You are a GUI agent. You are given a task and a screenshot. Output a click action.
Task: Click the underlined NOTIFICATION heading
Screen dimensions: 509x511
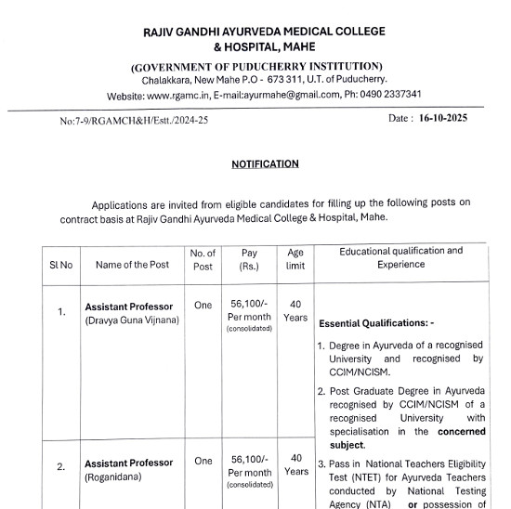tap(265, 164)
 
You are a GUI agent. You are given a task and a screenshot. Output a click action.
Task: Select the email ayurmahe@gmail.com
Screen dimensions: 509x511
tap(290, 96)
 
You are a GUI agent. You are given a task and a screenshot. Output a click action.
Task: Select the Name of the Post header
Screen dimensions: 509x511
tap(133, 265)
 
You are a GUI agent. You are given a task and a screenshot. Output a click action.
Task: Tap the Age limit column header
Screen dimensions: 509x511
tap(295, 258)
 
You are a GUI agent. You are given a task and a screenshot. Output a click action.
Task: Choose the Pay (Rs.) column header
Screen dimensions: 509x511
tap(249, 258)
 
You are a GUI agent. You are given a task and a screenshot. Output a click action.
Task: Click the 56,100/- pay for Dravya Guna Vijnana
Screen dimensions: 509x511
tap(249, 305)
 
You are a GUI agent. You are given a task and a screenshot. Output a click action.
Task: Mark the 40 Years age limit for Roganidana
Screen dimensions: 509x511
tap(295, 464)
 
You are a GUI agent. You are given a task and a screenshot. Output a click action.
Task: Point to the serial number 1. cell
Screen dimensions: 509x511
tap(61, 312)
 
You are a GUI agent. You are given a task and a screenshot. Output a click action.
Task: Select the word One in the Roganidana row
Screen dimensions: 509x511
tap(203, 461)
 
